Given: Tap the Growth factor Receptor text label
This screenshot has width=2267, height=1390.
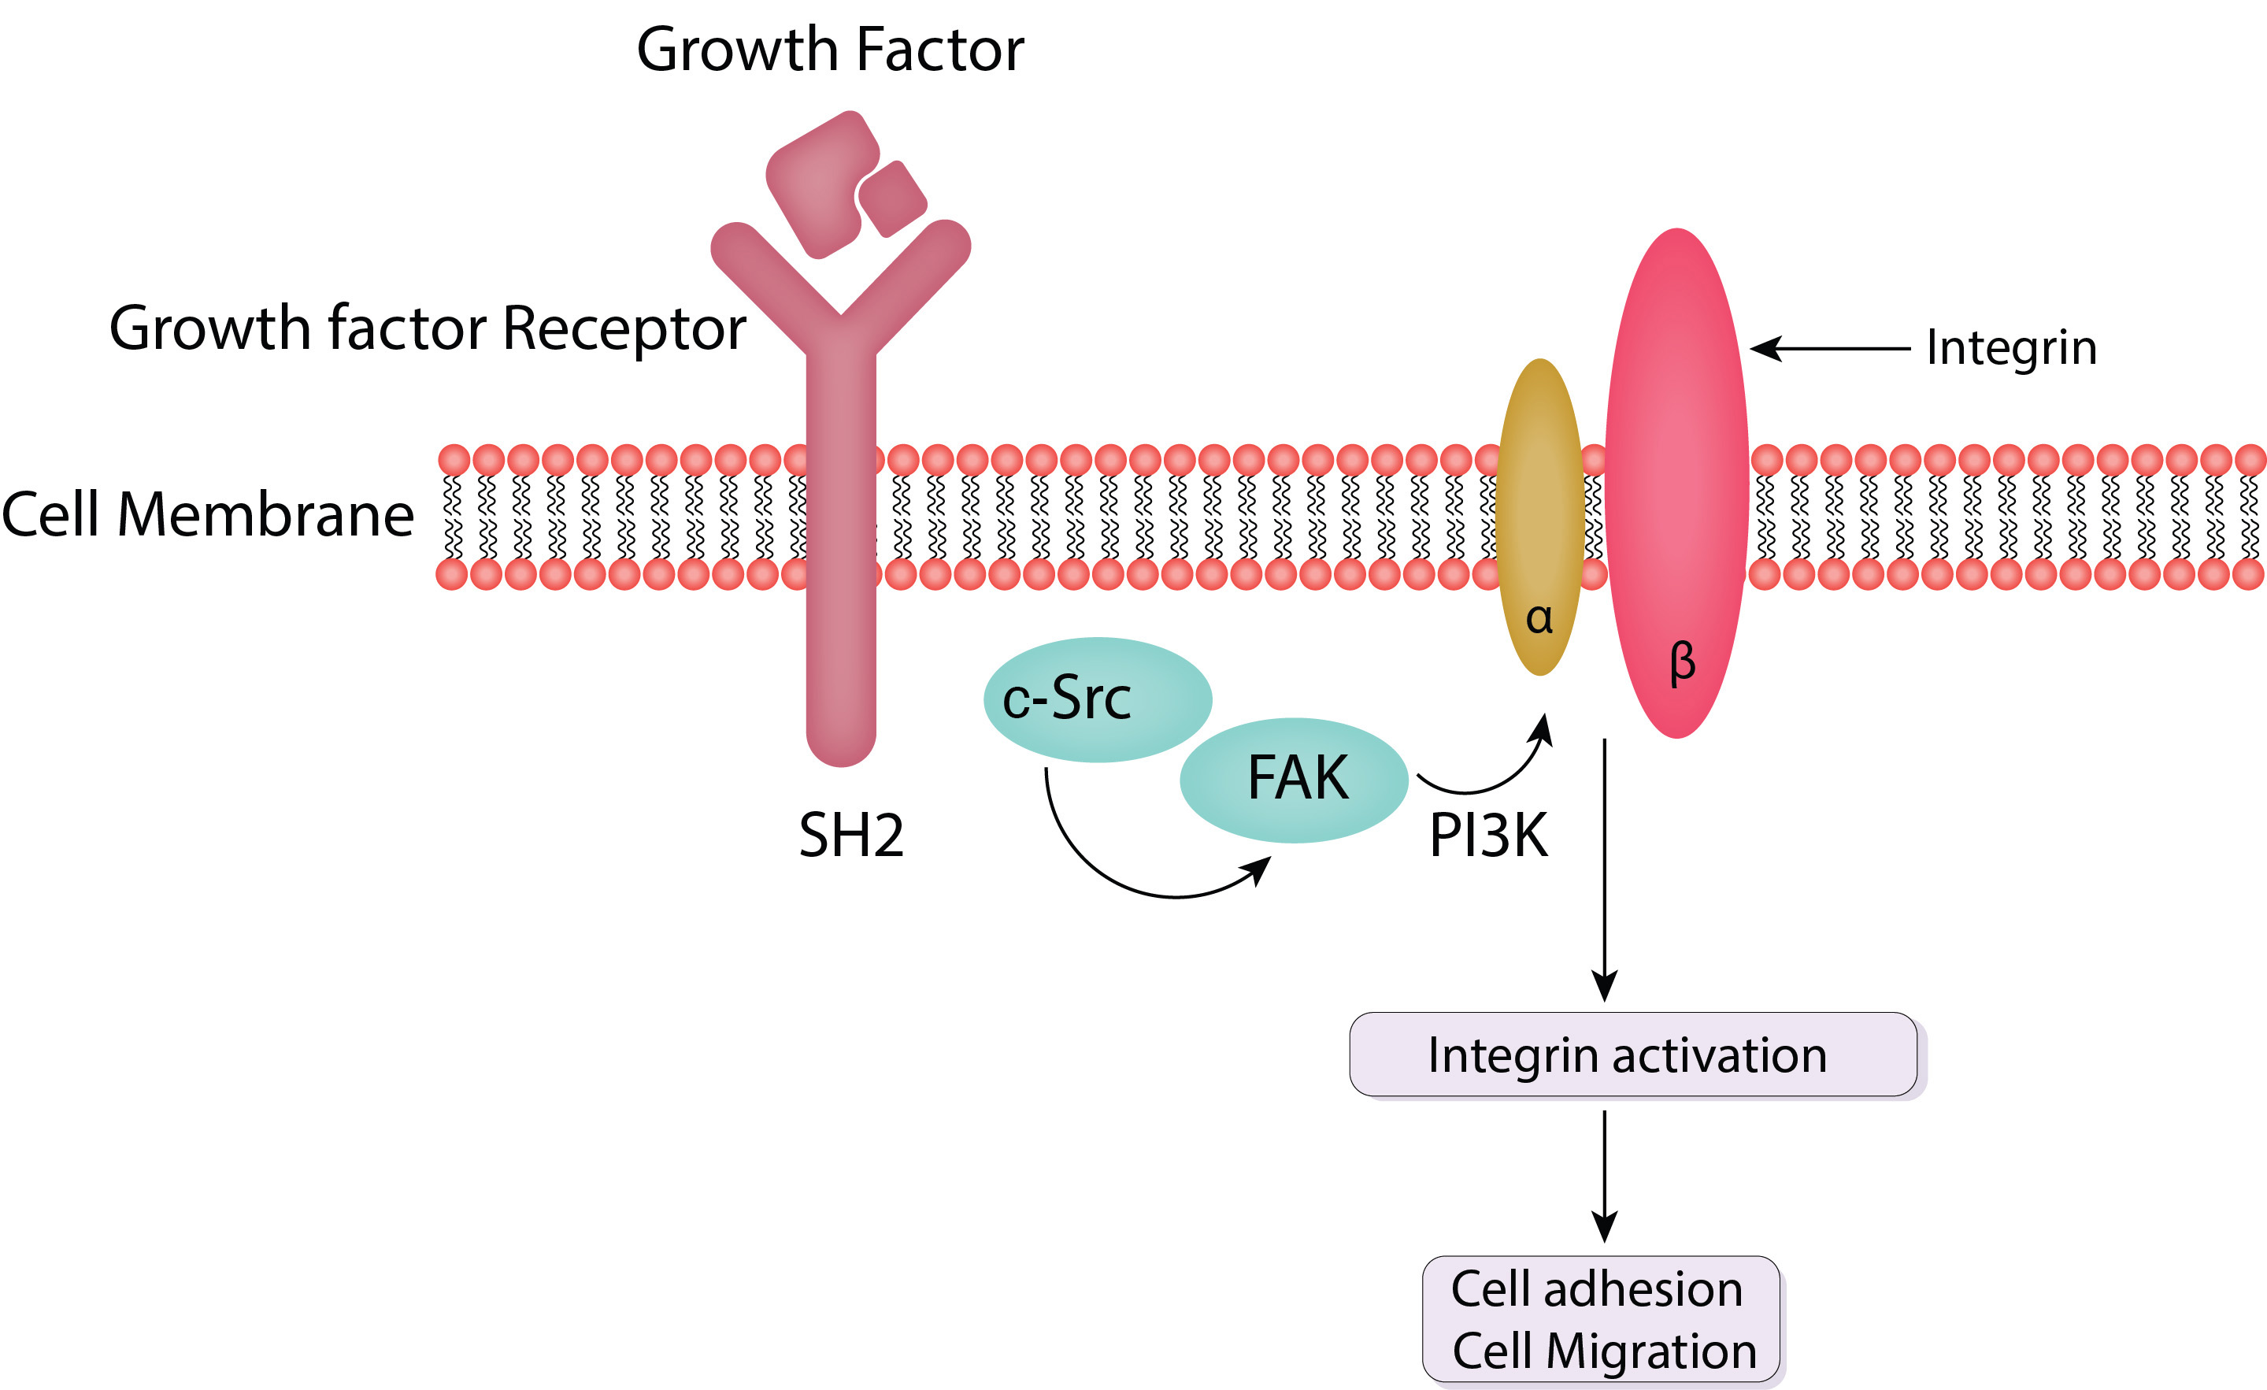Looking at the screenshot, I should point(427,328).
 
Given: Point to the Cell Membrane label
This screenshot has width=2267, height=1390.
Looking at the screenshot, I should point(208,514).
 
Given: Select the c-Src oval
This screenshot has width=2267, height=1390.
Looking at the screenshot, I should point(1097,699).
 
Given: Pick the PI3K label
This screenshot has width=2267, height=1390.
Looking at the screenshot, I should point(1487,836).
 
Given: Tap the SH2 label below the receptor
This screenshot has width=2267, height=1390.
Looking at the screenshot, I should point(851,836).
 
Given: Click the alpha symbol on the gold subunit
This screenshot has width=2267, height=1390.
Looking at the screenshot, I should point(1539,618).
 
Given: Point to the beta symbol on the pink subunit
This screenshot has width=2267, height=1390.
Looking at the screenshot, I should point(1682,662).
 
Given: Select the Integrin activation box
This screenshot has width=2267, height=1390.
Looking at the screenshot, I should point(1632,1055).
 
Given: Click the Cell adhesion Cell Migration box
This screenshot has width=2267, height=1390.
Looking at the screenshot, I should point(1601,1319).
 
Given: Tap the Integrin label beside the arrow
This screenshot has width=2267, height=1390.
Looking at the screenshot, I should point(2011,348).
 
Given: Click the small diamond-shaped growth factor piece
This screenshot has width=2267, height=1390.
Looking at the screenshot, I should point(891,198).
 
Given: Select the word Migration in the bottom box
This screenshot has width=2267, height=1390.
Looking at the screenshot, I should point(1650,1351).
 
